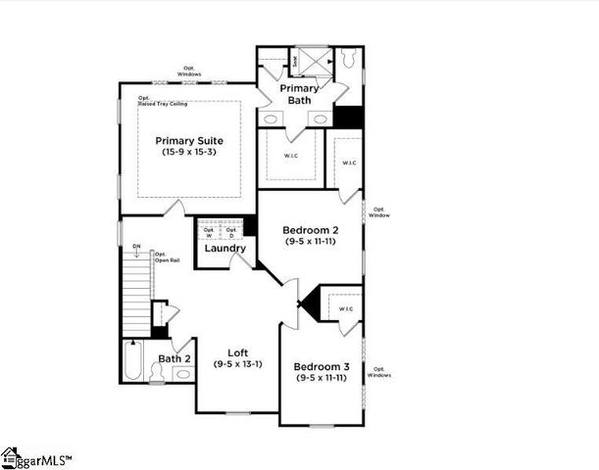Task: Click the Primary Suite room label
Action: pyautogui.click(x=188, y=141)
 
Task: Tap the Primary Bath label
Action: pyautogui.click(x=298, y=94)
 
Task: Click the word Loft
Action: pyautogui.click(x=237, y=352)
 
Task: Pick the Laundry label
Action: pyautogui.click(x=225, y=249)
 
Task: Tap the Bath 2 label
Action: pyautogui.click(x=174, y=358)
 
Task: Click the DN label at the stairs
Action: pyautogui.click(x=136, y=249)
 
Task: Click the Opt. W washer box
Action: pyautogui.click(x=209, y=231)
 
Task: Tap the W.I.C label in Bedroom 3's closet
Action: pyautogui.click(x=345, y=309)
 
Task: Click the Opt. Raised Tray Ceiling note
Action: pyautogui.click(x=161, y=100)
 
